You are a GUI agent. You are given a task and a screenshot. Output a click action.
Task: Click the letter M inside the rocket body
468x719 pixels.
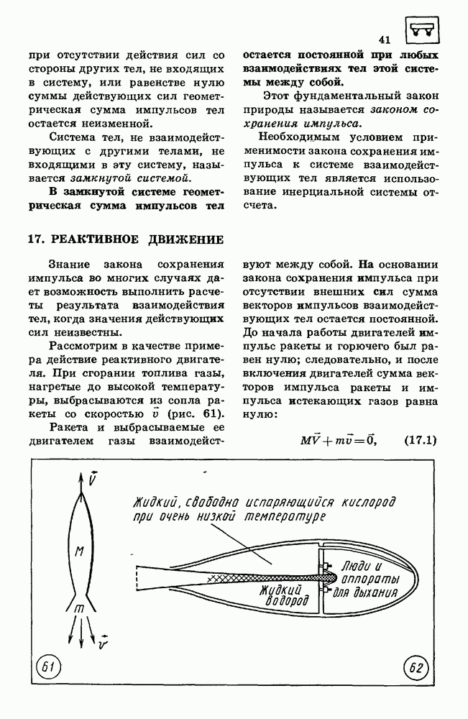click(81, 551)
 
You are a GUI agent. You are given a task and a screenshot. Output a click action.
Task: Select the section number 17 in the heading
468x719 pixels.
click(35, 239)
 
